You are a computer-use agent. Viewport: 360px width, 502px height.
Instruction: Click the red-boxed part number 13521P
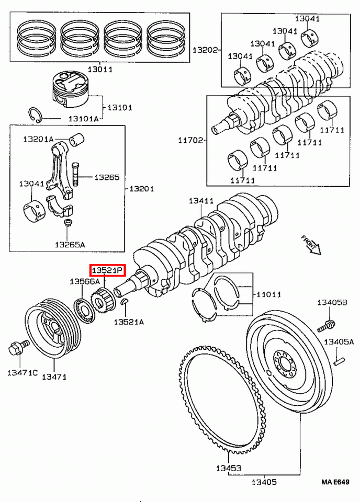pos(107,270)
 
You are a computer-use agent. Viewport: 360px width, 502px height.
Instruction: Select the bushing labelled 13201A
pos(78,140)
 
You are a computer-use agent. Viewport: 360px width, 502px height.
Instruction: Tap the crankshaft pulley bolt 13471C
pos(14,348)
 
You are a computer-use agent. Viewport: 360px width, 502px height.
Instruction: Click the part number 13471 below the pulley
pos(54,376)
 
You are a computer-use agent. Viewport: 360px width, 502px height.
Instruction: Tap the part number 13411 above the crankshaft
pos(201,200)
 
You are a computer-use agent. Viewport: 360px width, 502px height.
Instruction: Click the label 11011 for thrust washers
pos(268,295)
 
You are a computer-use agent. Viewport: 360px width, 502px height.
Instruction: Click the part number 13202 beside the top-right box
pos(205,50)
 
